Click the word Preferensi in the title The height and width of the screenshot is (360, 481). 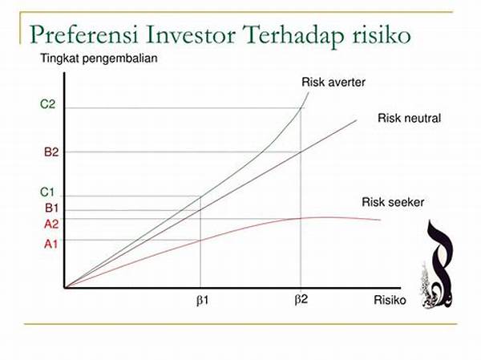click(83, 35)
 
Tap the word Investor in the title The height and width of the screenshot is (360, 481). click(190, 34)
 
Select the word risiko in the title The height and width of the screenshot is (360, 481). click(382, 34)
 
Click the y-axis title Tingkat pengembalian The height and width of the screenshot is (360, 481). click(99, 59)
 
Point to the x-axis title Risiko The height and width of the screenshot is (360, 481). click(390, 300)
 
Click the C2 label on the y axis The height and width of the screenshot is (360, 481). click(47, 104)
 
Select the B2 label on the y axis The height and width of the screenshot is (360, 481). click(51, 152)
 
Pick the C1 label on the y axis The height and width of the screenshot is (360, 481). click(47, 192)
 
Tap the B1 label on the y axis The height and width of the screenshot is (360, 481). click(51, 208)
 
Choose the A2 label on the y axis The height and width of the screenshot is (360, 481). click(51, 224)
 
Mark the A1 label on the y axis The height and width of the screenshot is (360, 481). click(51, 245)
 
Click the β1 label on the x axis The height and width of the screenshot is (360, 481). click(202, 300)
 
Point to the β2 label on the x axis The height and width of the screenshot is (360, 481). click(301, 299)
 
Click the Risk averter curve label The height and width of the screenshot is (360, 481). click(333, 83)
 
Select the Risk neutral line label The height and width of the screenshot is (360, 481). click(409, 118)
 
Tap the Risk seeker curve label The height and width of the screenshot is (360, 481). click(393, 202)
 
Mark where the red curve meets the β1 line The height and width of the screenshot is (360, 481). click(200, 241)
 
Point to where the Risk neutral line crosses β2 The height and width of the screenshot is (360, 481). click(301, 152)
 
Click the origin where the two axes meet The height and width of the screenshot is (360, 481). click(65, 288)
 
